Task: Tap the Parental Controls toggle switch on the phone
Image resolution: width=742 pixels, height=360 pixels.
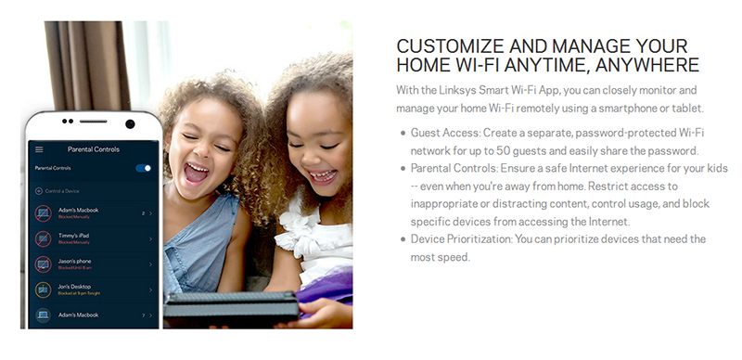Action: pyautogui.click(x=143, y=168)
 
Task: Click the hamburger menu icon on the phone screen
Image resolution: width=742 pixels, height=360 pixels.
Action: pyautogui.click(x=39, y=148)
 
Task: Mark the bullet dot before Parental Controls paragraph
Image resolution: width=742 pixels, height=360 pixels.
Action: pyautogui.click(x=401, y=169)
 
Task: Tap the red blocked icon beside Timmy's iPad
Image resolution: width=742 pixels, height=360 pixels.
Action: pyautogui.click(x=43, y=238)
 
